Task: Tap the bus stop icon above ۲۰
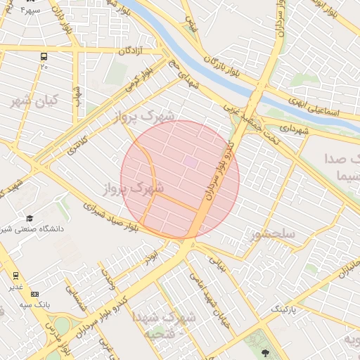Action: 44,56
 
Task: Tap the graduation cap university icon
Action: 30,219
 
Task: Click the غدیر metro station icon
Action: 15,275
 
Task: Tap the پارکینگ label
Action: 285,309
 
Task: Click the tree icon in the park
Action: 265,352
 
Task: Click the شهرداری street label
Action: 295,129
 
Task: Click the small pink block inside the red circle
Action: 191,161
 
